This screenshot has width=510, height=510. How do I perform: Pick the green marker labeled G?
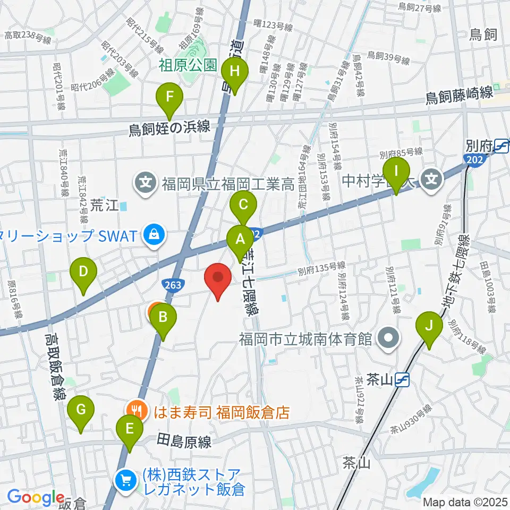click(81, 410)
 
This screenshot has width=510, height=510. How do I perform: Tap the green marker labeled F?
click(169, 97)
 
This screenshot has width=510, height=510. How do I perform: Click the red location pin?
click(218, 278)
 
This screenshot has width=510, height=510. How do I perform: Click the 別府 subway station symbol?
click(501, 144)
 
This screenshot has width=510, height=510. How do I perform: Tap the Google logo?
click(36, 498)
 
